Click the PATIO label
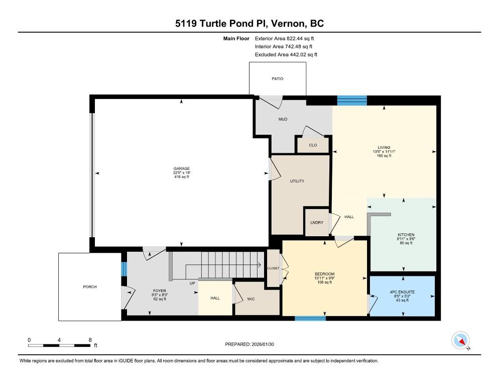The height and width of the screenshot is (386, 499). point(277,79)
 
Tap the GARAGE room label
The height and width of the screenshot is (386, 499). point(181,168)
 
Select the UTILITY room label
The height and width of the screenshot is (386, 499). point(297,181)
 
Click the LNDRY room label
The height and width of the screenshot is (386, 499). point(317,223)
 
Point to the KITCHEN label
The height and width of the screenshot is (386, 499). point(406,235)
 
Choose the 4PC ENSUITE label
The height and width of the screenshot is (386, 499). point(402,292)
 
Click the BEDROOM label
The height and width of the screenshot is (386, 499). point(325,274)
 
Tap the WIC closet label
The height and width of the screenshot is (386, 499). point(251,299)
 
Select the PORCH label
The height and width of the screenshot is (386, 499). point(90,287)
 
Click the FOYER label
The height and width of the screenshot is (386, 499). point(160,291)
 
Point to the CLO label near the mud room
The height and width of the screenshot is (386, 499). point(313,145)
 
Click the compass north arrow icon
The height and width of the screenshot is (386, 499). point(460,340)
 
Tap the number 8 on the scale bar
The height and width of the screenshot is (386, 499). point(90,340)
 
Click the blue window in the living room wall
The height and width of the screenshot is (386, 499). point(352,101)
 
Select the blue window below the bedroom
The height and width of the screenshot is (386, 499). point(310,318)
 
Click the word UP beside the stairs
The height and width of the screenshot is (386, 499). point(192,283)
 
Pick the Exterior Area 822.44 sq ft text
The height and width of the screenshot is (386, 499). point(284,39)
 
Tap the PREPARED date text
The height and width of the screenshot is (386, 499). point(249,344)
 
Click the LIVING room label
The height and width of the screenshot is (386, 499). point(384,148)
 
